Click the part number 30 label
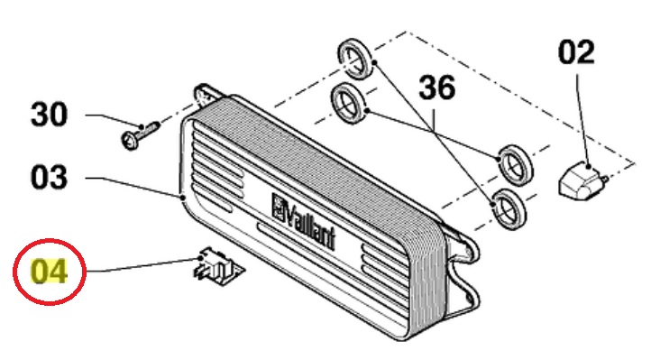49,115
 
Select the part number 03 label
49,178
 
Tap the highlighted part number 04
49,272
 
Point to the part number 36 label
436,88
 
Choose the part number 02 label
576,52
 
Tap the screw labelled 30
140,135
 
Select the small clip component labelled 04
218,267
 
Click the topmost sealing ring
353,59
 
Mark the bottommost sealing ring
509,208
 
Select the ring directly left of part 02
516,165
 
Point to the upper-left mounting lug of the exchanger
205,94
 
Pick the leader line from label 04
144,265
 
